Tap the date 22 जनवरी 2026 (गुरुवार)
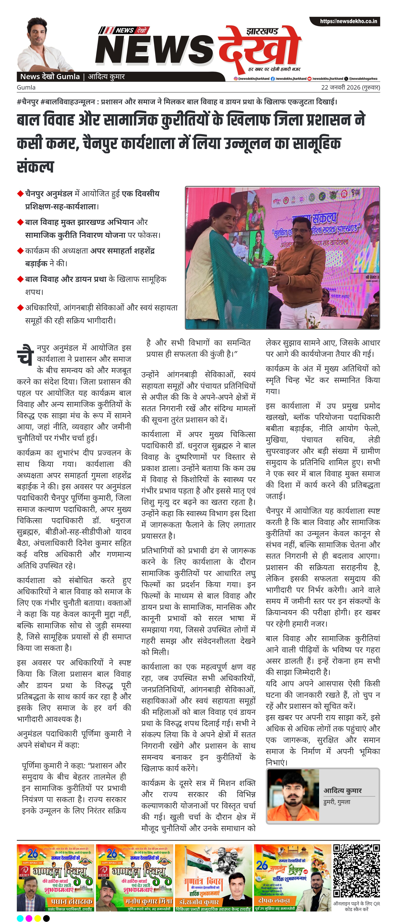(x=350, y=87)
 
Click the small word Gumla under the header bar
(x=26, y=87)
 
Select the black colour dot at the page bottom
(x=46, y=918)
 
